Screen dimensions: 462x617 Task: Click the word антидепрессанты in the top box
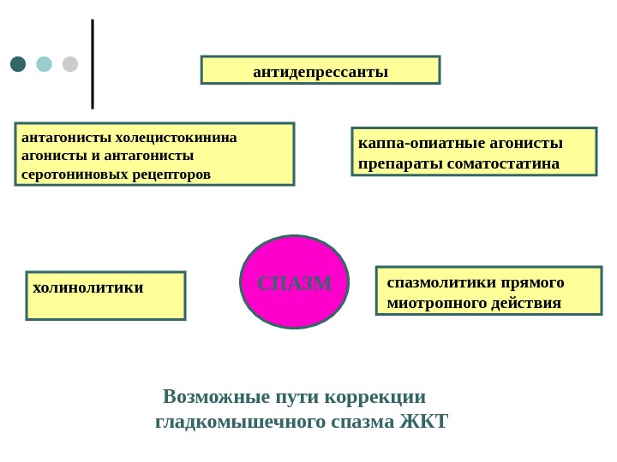[320, 71]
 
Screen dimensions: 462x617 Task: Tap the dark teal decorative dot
[18, 64]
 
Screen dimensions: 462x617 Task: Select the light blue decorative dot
[44, 64]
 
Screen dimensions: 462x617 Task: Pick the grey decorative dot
[70, 64]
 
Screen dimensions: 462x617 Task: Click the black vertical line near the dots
[93, 64]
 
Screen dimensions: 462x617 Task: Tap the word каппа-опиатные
[410, 142]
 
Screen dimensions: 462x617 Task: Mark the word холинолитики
[88, 287]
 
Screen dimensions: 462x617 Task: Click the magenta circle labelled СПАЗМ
[295, 282]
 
